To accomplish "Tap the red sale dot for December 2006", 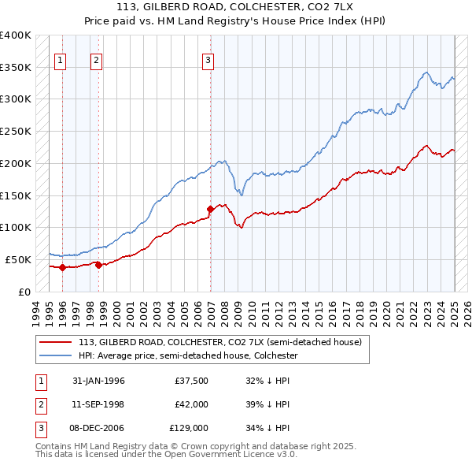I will pyautogui.click(x=211, y=209).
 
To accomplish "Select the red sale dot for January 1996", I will pyautogui.click(x=62, y=267).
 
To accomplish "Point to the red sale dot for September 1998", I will pyautogui.click(x=98, y=265).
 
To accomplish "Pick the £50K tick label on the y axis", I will pyautogui.click(x=19, y=259).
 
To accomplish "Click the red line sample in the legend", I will pyautogui.click(x=57, y=342).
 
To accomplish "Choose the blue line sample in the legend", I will pyautogui.click(x=57, y=355).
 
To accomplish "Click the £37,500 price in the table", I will pyautogui.click(x=192, y=381).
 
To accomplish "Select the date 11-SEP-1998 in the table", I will pyautogui.click(x=98, y=404).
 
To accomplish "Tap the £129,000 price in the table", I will pyautogui.click(x=190, y=428).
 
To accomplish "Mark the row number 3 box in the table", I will pyautogui.click(x=39, y=428).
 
